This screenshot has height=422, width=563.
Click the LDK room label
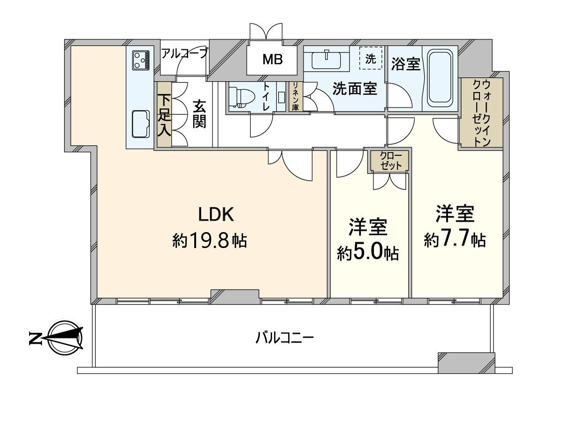tap(216, 214)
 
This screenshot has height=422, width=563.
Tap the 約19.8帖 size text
tap(209, 241)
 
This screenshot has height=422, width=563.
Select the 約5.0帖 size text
tap(368, 253)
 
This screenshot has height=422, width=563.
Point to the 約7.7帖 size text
tap(455, 240)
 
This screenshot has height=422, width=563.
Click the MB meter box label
tap(273, 60)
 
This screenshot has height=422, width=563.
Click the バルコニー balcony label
tap(285, 337)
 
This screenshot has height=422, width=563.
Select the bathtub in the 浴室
tap(440, 78)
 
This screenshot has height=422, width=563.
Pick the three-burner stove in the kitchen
tap(140, 60)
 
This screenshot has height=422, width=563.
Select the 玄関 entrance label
tap(199, 114)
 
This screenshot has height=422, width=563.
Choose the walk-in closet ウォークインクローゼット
tap(482, 113)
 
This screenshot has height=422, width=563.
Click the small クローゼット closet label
tap(390, 160)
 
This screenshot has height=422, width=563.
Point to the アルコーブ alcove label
tap(184, 53)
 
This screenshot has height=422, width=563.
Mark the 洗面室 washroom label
tap(355, 89)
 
